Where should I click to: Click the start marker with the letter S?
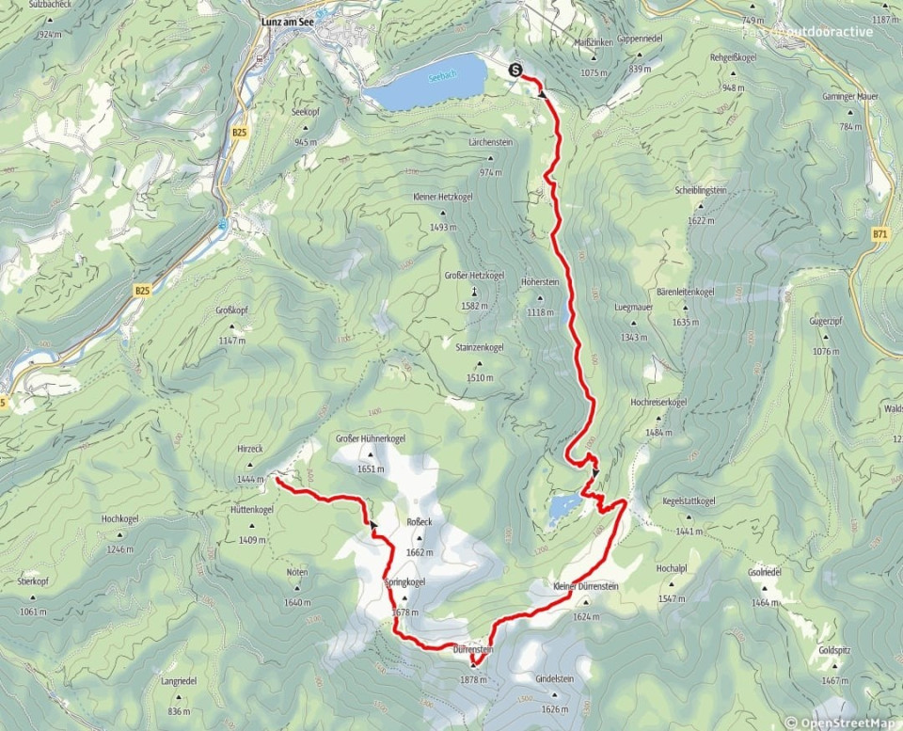(515, 69)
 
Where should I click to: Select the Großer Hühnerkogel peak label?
(371, 439)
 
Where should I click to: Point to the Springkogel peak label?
(404, 583)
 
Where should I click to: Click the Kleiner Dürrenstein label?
(586, 587)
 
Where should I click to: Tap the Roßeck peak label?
(419, 521)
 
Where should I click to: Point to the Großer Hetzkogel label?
(474, 275)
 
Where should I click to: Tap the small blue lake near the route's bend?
(564, 506)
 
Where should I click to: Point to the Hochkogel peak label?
(120, 519)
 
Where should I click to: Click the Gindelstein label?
(554, 679)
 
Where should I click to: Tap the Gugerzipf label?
(824, 322)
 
